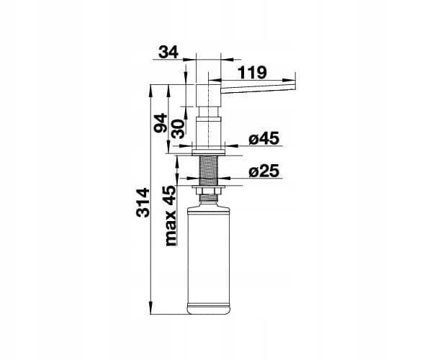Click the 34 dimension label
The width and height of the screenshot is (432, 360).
tap(168, 52)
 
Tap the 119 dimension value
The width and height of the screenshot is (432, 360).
tap(252, 73)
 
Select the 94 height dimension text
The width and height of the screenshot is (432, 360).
tap(160, 122)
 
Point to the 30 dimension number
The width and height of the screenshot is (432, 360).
tap(178, 129)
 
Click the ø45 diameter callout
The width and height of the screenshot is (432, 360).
tap(264, 138)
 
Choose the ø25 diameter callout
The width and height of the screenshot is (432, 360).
tap(264, 171)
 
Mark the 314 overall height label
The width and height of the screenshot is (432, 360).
tap(143, 203)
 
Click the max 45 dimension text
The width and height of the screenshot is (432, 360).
tap(170, 216)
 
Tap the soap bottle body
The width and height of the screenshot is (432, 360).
tap(208, 259)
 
